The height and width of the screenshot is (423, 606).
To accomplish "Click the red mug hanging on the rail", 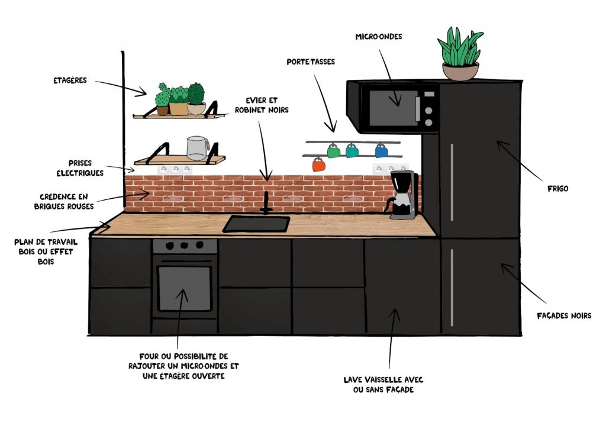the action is coord(319,164).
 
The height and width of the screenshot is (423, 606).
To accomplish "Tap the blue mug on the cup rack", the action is coord(382,150).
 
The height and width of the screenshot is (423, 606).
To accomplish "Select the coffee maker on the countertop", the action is coord(403,195).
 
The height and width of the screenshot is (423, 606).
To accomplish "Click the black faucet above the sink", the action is coord(266,202).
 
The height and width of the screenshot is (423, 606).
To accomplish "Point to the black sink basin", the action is coord(257,224).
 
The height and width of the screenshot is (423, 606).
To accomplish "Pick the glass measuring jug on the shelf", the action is coord(198,148).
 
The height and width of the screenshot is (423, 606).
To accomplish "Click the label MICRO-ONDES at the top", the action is coord(379,37).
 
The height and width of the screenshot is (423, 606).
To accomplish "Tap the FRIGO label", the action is coord(557,189).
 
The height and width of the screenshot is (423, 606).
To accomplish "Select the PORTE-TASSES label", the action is coord(311,62).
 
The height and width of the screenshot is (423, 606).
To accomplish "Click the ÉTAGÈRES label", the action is coord(70,80).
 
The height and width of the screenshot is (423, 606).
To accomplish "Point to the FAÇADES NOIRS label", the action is coord(564,316).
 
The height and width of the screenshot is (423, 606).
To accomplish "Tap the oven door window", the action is coord(185,288).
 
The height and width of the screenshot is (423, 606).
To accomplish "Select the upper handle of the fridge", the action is coord(452,182).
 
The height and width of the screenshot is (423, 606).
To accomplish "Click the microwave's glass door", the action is coord(393,108).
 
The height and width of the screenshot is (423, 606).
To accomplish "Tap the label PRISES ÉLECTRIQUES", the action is coord(80,168).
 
